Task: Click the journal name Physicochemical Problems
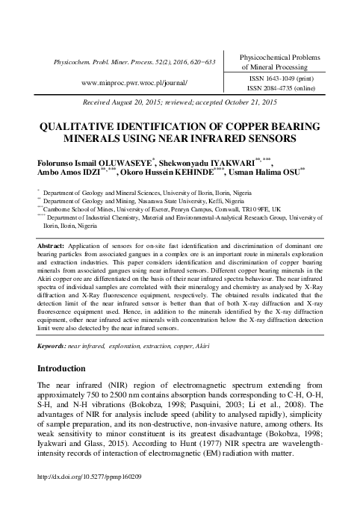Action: pyautogui.click(x=279, y=57)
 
